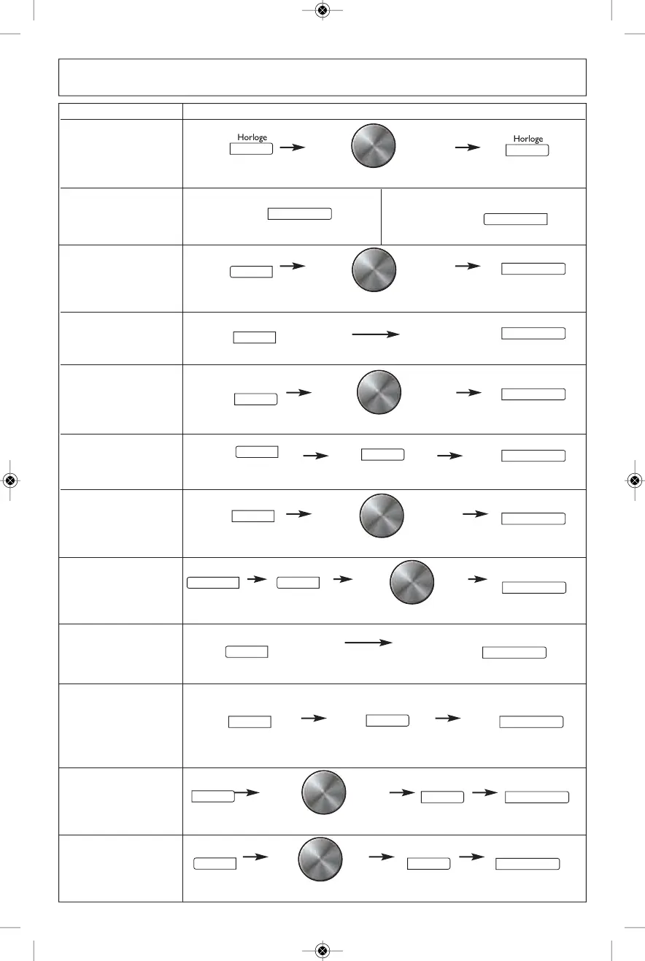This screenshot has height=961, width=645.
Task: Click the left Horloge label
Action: [x=252, y=137]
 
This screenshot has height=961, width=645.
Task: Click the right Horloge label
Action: [x=528, y=138]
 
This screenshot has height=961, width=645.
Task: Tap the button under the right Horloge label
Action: [x=528, y=150]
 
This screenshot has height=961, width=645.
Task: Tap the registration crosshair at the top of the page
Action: [x=322, y=10]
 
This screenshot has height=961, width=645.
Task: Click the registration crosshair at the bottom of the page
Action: [x=322, y=950]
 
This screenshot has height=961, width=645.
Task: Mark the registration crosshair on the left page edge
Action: [x=10, y=480]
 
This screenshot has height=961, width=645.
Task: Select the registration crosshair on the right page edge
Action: [x=634, y=480]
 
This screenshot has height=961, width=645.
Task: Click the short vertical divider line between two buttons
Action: [x=381, y=216]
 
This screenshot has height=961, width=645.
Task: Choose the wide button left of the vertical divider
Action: [x=300, y=214]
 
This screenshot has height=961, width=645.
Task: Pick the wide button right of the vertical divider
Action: [x=516, y=219]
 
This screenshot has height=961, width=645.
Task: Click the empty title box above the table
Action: [x=322, y=77]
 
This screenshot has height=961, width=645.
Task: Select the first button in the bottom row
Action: [x=215, y=864]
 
